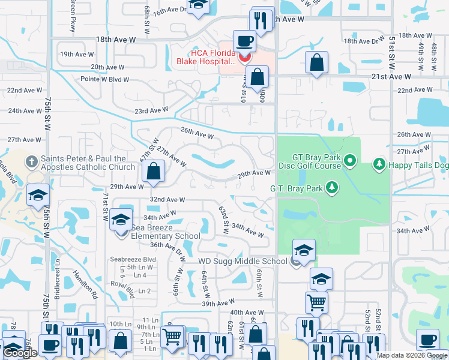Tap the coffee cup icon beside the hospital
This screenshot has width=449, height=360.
[244, 42]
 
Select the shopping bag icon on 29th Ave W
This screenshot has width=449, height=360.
[154, 170]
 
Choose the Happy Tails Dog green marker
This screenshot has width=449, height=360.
[379, 163]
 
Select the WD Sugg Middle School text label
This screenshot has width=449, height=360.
[243, 261]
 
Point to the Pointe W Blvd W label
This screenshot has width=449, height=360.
[105, 79]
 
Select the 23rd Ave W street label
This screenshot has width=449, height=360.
[151, 110]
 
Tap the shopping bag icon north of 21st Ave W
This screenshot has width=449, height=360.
[316, 62]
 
